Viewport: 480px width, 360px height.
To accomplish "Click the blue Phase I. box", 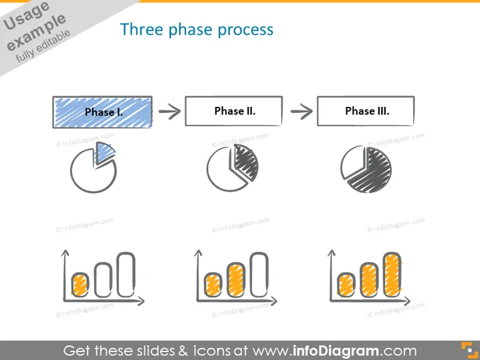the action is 102,112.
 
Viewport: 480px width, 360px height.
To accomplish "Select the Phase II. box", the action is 233,111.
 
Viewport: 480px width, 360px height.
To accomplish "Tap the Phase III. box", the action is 366,111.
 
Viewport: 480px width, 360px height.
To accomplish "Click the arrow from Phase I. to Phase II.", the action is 170,112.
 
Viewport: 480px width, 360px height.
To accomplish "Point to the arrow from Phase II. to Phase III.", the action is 302,112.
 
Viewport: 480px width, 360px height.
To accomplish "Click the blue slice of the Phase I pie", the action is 104,153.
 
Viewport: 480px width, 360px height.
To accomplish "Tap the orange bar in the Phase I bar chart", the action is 80,285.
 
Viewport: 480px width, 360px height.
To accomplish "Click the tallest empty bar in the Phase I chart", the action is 126,275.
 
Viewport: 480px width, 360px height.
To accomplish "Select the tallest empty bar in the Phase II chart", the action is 259,275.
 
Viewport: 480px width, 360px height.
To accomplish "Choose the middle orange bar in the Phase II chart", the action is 236,280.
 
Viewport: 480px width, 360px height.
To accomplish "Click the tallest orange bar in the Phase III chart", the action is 392,275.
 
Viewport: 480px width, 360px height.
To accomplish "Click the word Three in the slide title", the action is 141,29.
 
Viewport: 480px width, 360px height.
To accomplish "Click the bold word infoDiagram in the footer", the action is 336,351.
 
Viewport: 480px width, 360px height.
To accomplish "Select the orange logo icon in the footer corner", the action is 469,350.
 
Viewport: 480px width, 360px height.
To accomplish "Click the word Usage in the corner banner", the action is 26,16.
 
